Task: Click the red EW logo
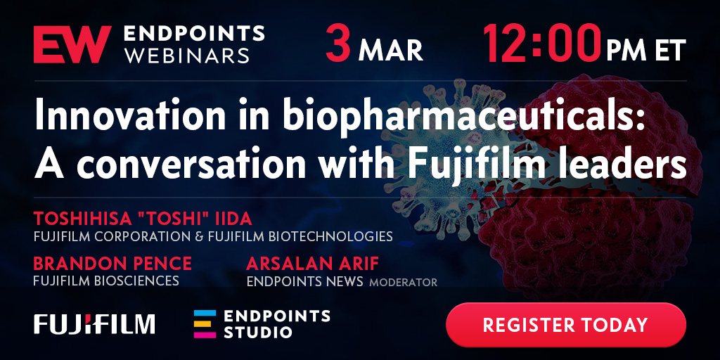(x=72, y=44)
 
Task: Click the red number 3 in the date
(x=338, y=44)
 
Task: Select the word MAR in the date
(x=390, y=51)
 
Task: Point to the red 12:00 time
(x=542, y=44)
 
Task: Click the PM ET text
(x=645, y=50)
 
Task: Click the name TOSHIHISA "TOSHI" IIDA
(x=143, y=219)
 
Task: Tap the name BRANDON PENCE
(x=112, y=264)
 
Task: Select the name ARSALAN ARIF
(x=313, y=264)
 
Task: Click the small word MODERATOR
(x=403, y=282)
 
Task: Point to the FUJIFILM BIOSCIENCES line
(x=106, y=281)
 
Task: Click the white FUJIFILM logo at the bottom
(x=94, y=323)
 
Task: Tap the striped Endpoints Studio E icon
(x=205, y=323)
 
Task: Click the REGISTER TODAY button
(x=566, y=325)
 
